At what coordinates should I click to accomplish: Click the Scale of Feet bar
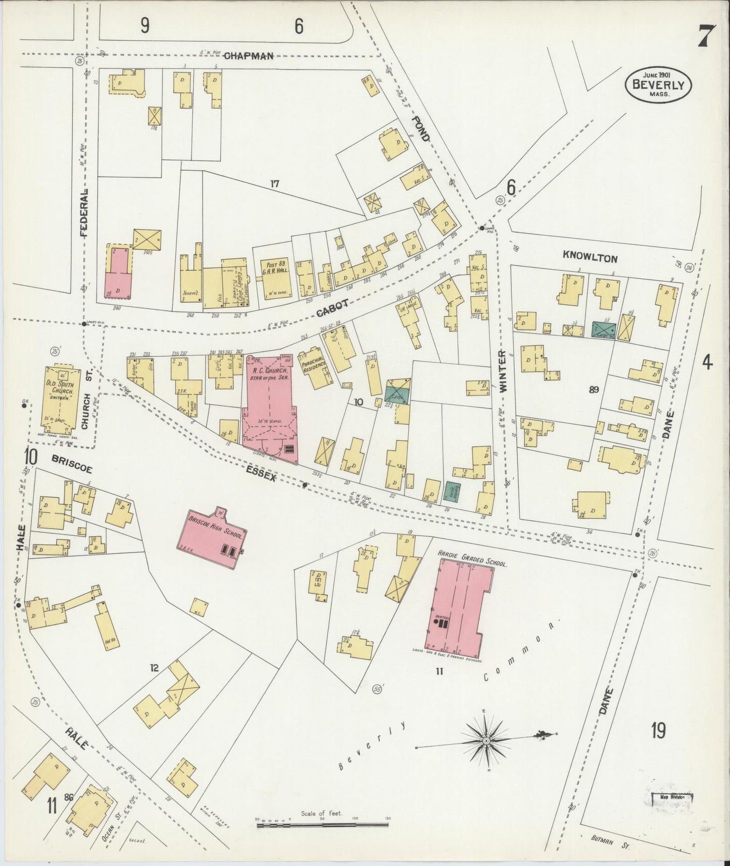[322, 825]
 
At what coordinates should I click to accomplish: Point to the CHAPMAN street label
[249, 56]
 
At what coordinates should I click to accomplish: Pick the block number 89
[594, 390]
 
